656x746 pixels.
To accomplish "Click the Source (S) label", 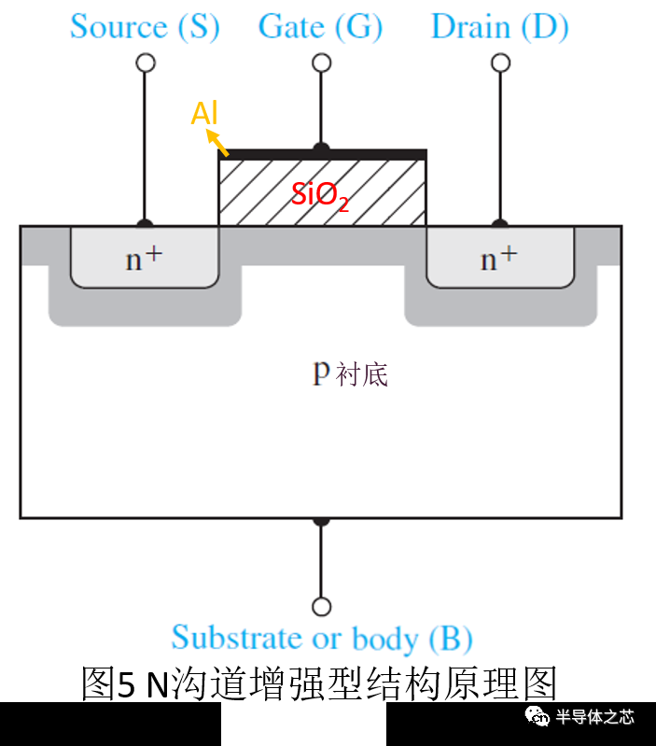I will [145, 27].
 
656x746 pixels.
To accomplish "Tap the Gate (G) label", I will [320, 27].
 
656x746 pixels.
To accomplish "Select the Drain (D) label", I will [499, 27].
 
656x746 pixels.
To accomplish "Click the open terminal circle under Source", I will [145, 63].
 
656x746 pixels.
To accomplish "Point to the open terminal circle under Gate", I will [321, 63].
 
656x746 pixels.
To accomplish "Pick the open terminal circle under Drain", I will [500, 63].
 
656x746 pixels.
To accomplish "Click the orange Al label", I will [204, 114].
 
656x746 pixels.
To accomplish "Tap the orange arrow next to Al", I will [217, 142].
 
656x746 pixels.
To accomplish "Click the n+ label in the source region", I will [144, 259].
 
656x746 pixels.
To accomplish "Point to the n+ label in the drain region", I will [499, 259].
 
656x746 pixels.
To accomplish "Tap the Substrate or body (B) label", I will [322, 639].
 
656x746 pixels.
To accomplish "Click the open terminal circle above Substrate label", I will [321, 607].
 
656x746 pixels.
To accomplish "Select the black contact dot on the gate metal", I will [321, 148].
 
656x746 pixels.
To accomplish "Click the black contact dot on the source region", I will [145, 224].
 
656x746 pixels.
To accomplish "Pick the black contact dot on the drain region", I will [500, 224].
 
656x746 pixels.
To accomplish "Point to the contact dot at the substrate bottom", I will [321, 519].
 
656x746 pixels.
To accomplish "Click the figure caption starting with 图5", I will [318, 684].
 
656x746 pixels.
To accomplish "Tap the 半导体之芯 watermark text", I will [594, 717].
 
